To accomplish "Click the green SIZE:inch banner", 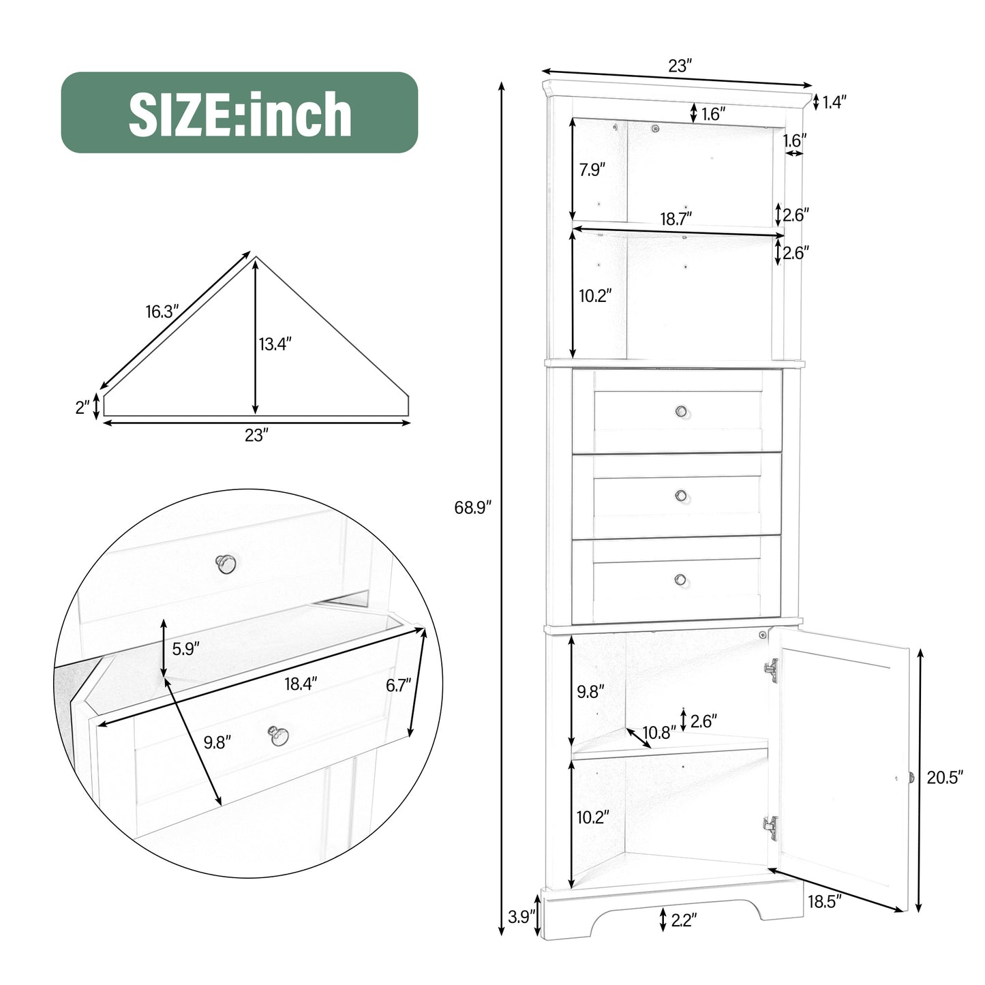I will [239, 112].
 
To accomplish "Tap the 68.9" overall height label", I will [472, 507].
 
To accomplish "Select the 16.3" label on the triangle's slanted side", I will [162, 312].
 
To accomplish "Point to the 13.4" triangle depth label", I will [275, 344].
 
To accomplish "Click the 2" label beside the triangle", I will [82, 407].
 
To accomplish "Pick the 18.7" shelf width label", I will [676, 218].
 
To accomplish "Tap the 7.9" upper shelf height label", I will [592, 170].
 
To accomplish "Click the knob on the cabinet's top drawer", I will [681, 411].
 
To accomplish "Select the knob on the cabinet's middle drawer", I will [681, 496].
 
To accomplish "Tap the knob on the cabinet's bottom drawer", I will [680, 579].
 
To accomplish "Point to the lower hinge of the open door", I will [770, 827].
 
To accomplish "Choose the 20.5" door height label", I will [944, 777].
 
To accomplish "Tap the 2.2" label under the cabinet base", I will [683, 920].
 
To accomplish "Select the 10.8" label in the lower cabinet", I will [658, 732].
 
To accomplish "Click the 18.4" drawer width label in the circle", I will [301, 684].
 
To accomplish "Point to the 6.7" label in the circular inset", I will [399, 685].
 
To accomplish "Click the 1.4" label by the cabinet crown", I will [834, 102].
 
